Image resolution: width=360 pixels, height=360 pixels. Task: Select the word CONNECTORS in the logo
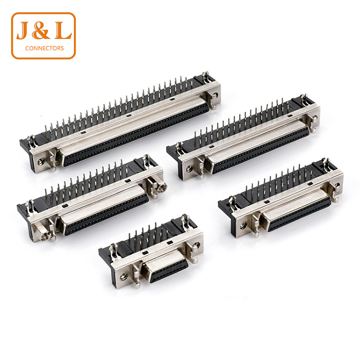[45, 48]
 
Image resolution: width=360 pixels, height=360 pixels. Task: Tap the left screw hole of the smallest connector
[123, 276]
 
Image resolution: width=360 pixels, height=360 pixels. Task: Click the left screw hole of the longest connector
[41, 161]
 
